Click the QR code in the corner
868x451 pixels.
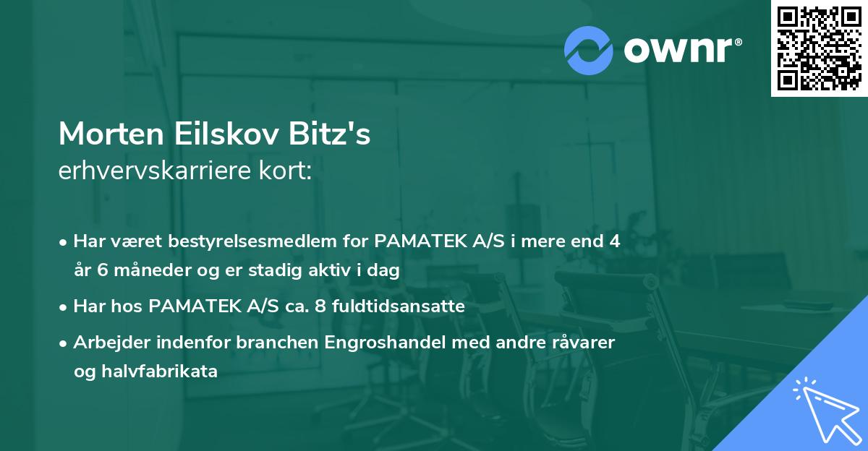[819, 48]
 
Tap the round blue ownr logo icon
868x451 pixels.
[589, 50]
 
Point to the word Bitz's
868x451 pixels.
[339, 134]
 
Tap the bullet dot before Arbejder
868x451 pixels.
[64, 343]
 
